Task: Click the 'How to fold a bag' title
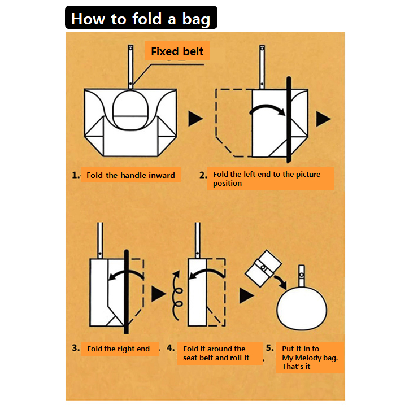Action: point(141,19)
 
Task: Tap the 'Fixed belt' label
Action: point(177,51)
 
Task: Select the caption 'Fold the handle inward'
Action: point(130,175)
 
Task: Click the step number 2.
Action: point(203,175)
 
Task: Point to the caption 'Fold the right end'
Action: point(119,349)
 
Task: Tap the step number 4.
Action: point(171,347)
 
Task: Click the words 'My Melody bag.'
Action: point(310,358)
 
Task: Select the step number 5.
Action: point(270,347)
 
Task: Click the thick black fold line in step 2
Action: point(289,120)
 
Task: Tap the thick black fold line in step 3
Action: point(126,291)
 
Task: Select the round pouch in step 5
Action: point(302,308)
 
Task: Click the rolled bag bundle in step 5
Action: point(263,268)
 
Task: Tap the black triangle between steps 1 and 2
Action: point(195,119)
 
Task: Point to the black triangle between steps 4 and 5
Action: point(246,295)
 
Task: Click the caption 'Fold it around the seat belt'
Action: point(214,353)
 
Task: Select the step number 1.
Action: point(76,175)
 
